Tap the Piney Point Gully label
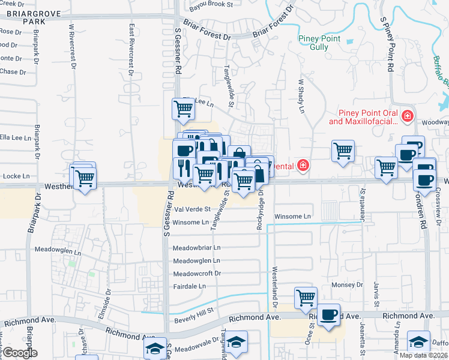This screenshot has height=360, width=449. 319,43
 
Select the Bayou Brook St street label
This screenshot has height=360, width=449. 211,4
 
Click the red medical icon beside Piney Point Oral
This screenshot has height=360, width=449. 408,115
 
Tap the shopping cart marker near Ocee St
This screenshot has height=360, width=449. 306,297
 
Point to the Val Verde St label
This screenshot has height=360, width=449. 192,209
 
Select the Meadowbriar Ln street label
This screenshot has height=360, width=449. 196,247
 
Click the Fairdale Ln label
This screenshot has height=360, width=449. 189,286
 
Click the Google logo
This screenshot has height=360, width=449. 19,353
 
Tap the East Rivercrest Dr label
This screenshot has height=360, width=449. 131,50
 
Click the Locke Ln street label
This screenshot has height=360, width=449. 17,176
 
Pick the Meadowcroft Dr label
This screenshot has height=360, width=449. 197,273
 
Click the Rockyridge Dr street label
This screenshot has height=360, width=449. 261,210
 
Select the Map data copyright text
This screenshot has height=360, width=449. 423,355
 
